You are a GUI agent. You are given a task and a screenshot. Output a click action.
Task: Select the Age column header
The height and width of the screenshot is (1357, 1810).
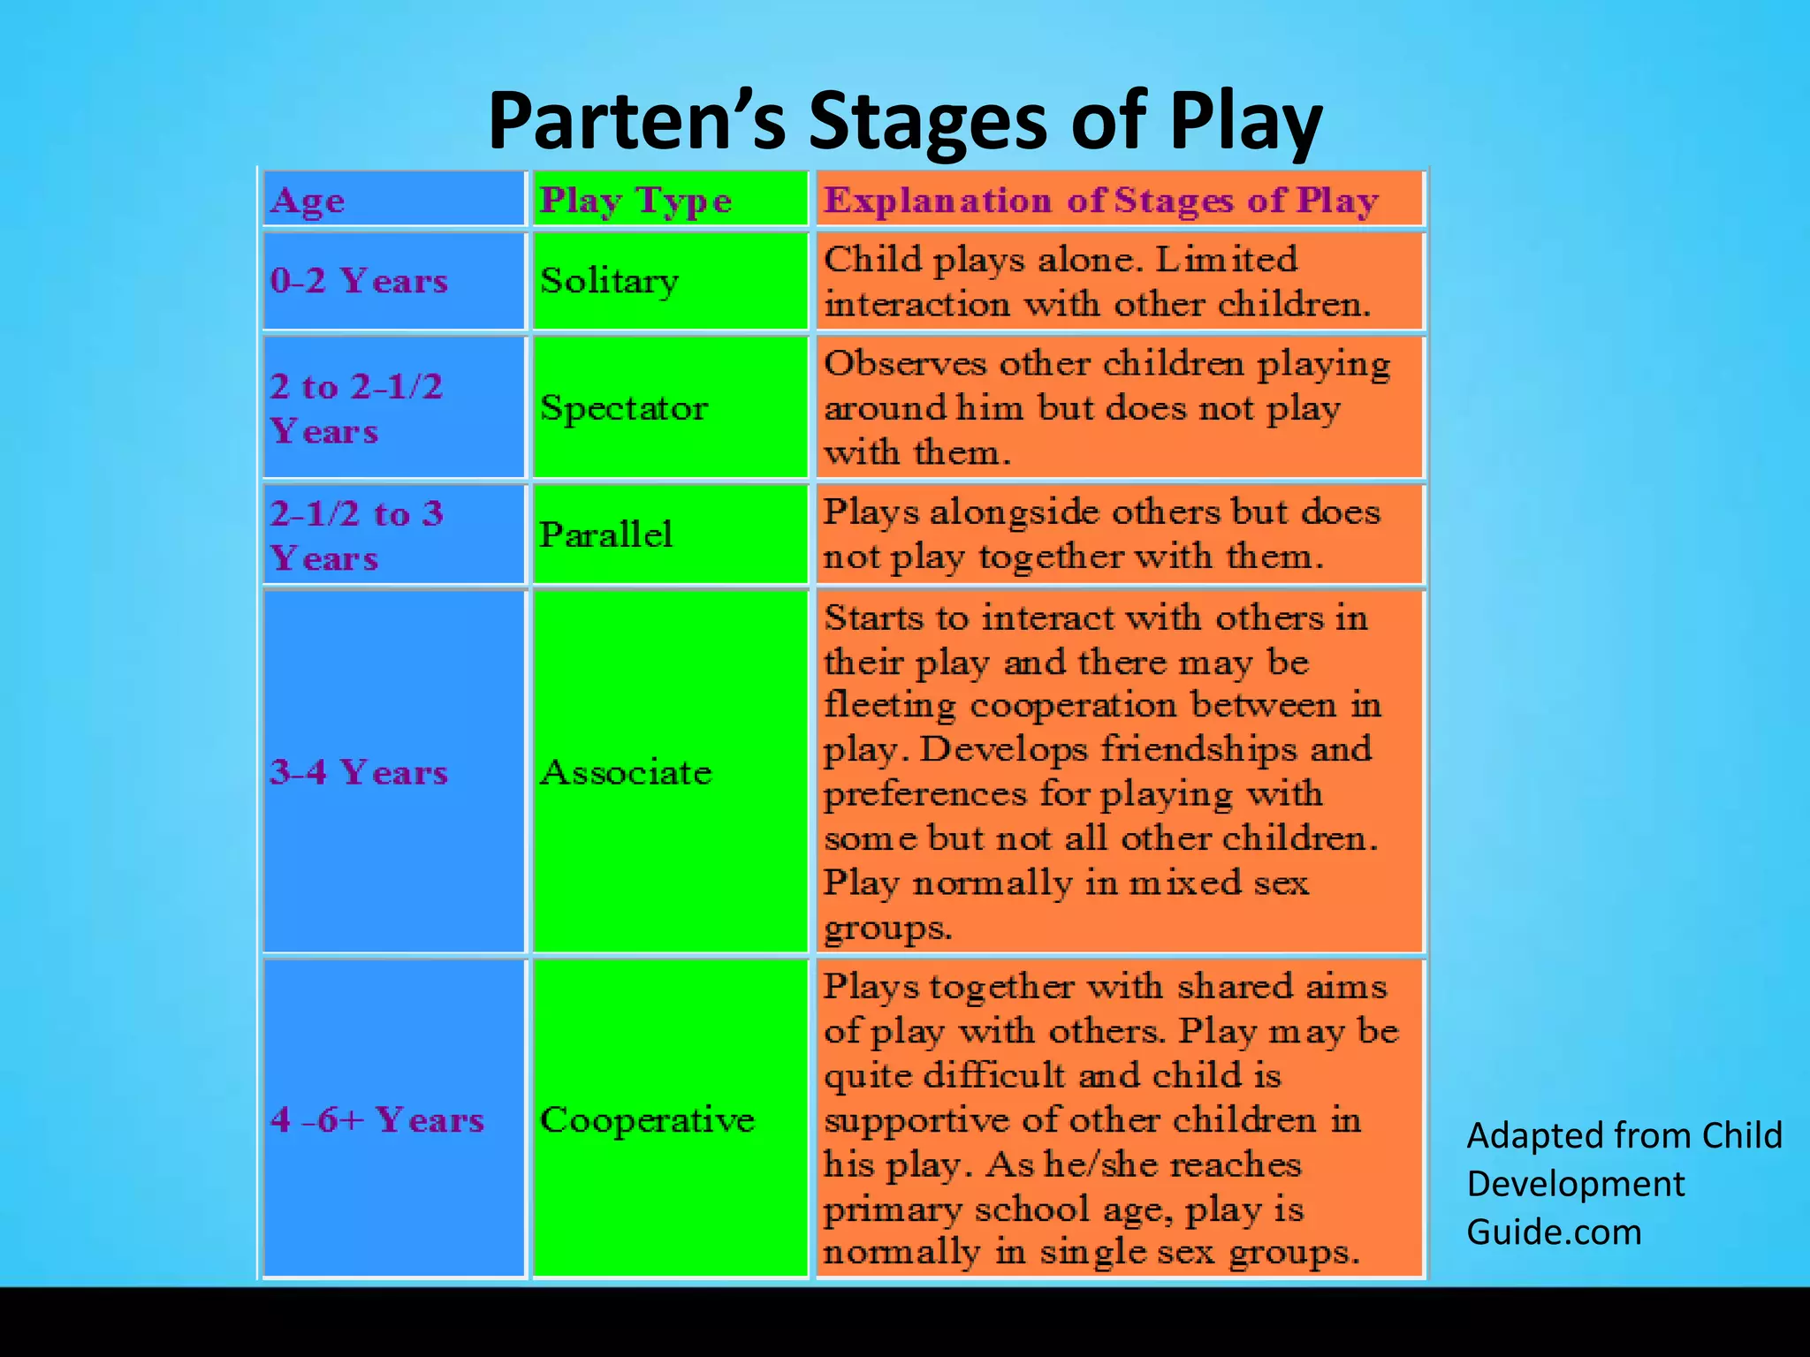pyautogui.click(x=308, y=201)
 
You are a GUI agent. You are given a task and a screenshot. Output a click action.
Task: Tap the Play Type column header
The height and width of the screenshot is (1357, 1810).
pyautogui.click(x=635, y=201)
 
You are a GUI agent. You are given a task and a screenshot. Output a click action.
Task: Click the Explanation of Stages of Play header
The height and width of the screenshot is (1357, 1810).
pyautogui.click(x=1100, y=201)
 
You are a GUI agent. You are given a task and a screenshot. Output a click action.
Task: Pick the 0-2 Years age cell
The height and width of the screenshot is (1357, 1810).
pyautogui.click(x=359, y=281)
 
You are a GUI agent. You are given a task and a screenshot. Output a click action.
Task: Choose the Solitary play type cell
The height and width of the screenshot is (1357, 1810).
pyautogui.click(x=609, y=281)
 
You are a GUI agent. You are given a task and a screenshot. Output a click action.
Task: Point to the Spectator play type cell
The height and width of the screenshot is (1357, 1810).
pyautogui.click(x=624, y=408)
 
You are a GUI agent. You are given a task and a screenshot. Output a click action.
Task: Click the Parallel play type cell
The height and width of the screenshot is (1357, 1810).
pyautogui.click(x=606, y=534)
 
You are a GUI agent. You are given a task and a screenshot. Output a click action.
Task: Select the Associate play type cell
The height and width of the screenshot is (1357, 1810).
pyautogui.click(x=626, y=772)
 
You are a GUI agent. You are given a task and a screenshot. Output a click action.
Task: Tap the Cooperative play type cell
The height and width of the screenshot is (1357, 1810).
pyautogui.click(x=647, y=1119)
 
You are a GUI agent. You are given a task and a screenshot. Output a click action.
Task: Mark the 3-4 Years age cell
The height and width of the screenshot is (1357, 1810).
pyautogui.click(x=359, y=772)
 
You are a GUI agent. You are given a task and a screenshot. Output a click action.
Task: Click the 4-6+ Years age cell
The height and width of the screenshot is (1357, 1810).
pyautogui.click(x=377, y=1119)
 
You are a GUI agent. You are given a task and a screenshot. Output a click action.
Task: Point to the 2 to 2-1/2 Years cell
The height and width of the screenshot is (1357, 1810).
pyautogui.click(x=357, y=408)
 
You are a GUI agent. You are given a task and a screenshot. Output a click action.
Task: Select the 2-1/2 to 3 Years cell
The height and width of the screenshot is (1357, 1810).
pyautogui.click(x=357, y=534)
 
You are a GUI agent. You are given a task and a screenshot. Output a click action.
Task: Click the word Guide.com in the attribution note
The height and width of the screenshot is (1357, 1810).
pyautogui.click(x=1554, y=1232)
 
